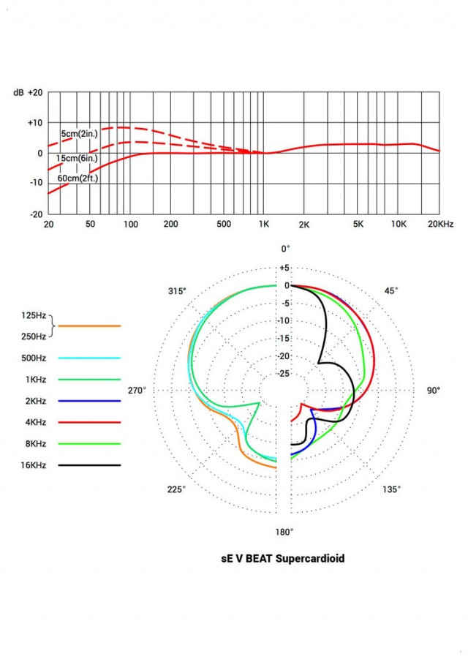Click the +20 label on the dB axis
tap(34, 93)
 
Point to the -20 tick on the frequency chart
tap(34, 214)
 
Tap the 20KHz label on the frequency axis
tap(440, 225)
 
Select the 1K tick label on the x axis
tap(265, 225)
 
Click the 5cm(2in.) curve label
tap(80, 133)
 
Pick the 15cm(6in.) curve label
tap(77, 158)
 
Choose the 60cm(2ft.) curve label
tap(78, 177)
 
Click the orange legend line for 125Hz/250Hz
tap(90, 326)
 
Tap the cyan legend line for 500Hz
tap(90, 358)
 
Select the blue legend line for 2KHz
tap(90, 401)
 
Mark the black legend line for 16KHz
tap(90, 465)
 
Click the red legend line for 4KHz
tap(90, 422)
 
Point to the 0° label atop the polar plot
tap(285, 249)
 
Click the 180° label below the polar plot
tap(284, 532)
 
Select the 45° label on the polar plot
tap(391, 291)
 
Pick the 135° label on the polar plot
tap(392, 489)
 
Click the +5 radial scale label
tap(285, 268)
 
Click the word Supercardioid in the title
tap(307, 559)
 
